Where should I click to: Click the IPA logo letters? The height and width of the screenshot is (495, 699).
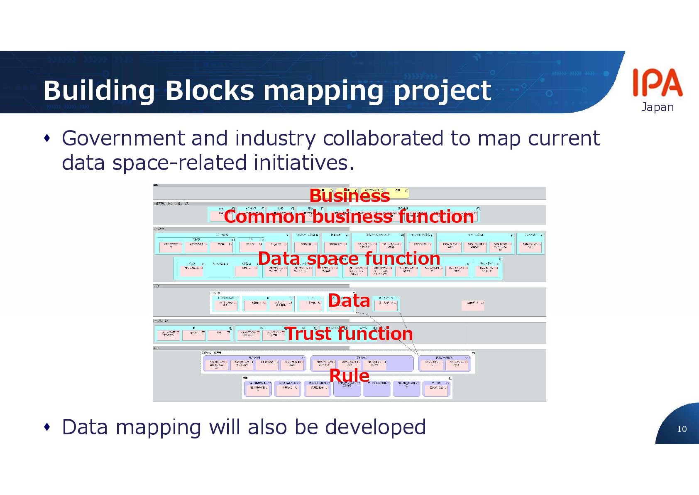pos(657,83)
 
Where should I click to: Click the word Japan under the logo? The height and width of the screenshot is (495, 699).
pos(657,107)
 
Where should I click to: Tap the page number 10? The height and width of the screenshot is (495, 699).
pos(682,429)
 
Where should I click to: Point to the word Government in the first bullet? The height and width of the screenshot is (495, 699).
pos(123,138)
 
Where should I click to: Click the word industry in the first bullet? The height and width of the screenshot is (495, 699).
pos(275,138)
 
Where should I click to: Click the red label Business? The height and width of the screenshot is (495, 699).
pos(349,196)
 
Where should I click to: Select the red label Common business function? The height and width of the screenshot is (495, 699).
pos(349,217)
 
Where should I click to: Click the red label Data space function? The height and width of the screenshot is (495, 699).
pos(349,259)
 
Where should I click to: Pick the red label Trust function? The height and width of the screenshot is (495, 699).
pos(349,334)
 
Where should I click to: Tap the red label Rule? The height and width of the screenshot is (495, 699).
pos(349,375)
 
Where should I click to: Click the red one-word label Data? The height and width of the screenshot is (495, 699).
pos(349,300)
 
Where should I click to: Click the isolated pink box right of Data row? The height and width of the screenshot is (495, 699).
pos(473,305)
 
